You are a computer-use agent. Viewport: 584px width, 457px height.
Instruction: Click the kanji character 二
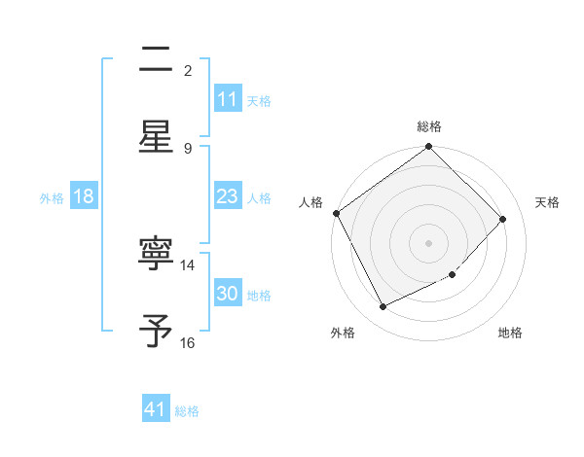[x=156, y=60]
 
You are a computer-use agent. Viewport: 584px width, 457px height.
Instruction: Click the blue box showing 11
[x=228, y=99]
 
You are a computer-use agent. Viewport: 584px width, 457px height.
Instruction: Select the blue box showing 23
[x=228, y=196]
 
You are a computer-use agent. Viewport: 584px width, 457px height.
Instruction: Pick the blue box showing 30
[x=228, y=295]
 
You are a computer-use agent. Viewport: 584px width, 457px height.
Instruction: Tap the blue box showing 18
[x=84, y=196]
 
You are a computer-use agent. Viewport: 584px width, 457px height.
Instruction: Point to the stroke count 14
[x=188, y=264]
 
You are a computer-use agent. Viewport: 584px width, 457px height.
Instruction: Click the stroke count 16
[x=188, y=342]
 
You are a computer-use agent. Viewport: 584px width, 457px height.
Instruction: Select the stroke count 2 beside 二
[x=188, y=70]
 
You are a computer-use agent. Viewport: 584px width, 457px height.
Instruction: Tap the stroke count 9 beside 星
[x=188, y=148]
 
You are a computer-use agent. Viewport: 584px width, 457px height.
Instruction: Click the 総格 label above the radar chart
[x=429, y=126]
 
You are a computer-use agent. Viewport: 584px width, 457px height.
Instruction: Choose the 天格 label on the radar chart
[x=547, y=202]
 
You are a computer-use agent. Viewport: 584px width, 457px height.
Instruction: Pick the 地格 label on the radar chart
[x=510, y=333]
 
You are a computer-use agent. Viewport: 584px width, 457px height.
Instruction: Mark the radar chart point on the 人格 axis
[x=336, y=213]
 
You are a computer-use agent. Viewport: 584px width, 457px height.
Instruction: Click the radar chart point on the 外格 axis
[x=383, y=307]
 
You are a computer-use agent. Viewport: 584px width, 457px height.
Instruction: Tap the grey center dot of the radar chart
[x=429, y=242]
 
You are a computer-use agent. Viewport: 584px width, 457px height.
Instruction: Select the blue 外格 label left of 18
[x=52, y=197]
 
